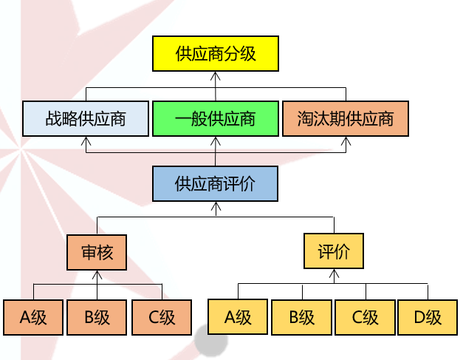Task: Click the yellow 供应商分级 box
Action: [215, 54]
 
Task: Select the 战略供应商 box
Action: [86, 118]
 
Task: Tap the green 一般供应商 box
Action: [215, 118]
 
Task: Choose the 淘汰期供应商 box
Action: [346, 118]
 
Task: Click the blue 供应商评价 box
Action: [215, 183]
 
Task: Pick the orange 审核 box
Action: [97, 252]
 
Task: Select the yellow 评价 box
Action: [334, 252]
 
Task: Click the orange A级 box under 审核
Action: [33, 318]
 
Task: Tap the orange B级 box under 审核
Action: [97, 318]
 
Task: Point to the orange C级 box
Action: [162, 318]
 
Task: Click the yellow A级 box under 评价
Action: [238, 318]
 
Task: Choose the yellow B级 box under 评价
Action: [301, 318]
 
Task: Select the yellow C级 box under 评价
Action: [365, 318]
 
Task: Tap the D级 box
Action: [428, 318]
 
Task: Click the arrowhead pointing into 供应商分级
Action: [216, 75]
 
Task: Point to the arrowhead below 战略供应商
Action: [86, 140]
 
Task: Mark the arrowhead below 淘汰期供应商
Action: [346, 140]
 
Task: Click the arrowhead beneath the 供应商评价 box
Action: [216, 206]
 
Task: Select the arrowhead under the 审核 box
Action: [97, 274]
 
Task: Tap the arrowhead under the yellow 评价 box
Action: [334, 274]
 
